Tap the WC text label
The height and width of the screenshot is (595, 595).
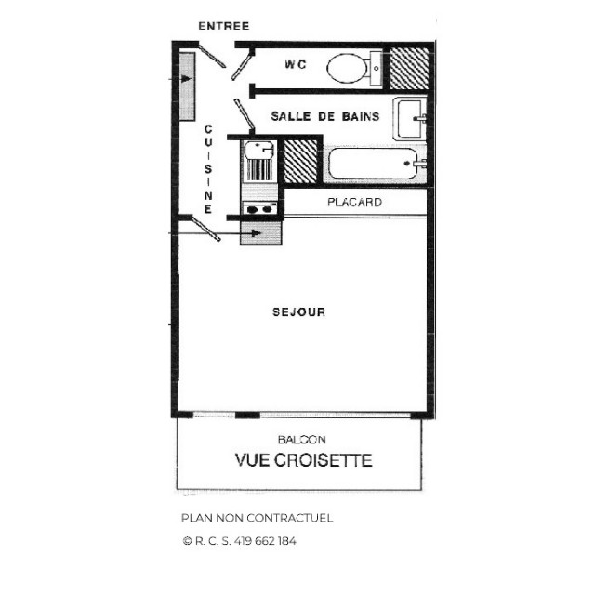(296, 65)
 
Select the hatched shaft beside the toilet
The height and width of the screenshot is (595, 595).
(408, 67)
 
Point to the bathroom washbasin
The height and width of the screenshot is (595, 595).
(410, 119)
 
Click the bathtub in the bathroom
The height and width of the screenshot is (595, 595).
(374, 166)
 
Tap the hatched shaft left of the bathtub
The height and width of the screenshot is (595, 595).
(300, 162)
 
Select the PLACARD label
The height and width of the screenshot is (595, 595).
(354, 203)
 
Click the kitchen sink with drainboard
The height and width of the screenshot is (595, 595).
(258, 161)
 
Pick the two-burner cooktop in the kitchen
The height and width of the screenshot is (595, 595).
(258, 209)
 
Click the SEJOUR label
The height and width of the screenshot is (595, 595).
(298, 312)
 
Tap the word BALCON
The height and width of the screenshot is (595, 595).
(301, 439)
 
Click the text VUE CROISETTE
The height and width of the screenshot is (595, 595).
(303, 460)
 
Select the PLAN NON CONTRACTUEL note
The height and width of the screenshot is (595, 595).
(257, 519)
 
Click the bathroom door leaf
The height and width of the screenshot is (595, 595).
(246, 115)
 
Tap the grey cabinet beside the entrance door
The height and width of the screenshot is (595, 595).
(187, 82)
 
